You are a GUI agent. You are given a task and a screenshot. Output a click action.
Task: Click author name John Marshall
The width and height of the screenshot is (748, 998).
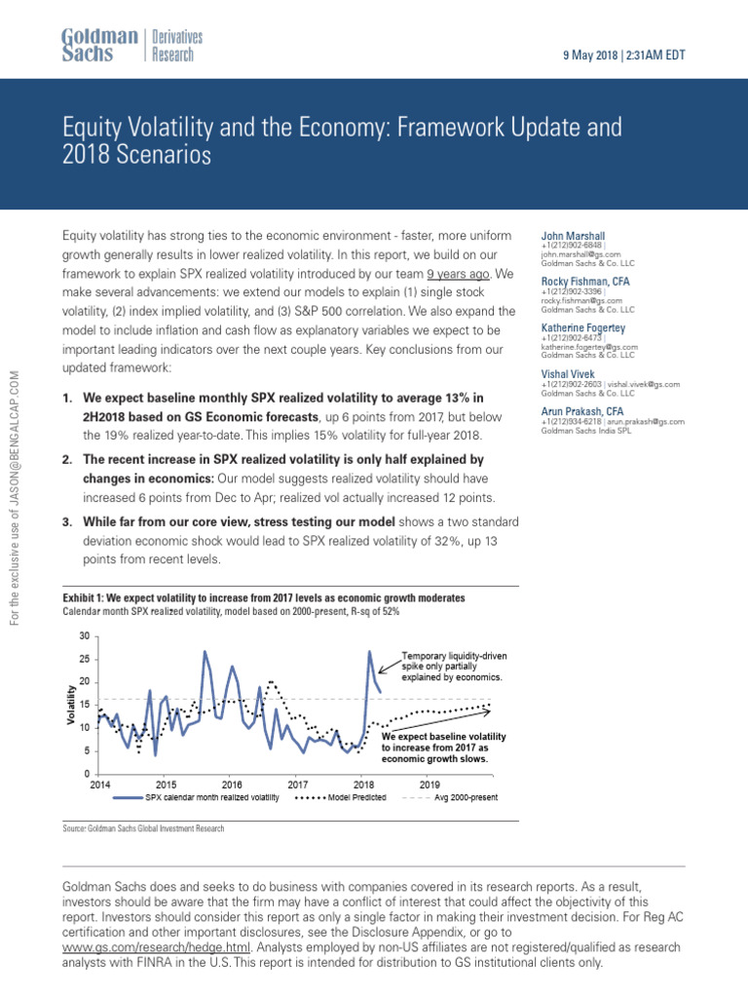coord(575,236)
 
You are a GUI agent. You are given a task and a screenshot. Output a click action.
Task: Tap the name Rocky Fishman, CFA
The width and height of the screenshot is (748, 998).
coord(585,281)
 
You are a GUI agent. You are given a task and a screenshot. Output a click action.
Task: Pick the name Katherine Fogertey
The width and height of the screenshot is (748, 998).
coord(583,327)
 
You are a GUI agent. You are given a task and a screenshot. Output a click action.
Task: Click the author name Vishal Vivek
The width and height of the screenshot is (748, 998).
coord(570,373)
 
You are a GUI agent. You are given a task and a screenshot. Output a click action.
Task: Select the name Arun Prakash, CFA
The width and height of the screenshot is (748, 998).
coord(583,411)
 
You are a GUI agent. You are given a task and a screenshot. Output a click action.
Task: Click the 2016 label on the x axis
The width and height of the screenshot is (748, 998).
coord(232,784)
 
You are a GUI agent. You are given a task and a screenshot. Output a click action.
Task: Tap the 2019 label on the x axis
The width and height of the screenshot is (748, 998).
coord(430,784)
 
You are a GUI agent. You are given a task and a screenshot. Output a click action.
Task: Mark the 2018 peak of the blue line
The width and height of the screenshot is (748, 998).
coord(369,651)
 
